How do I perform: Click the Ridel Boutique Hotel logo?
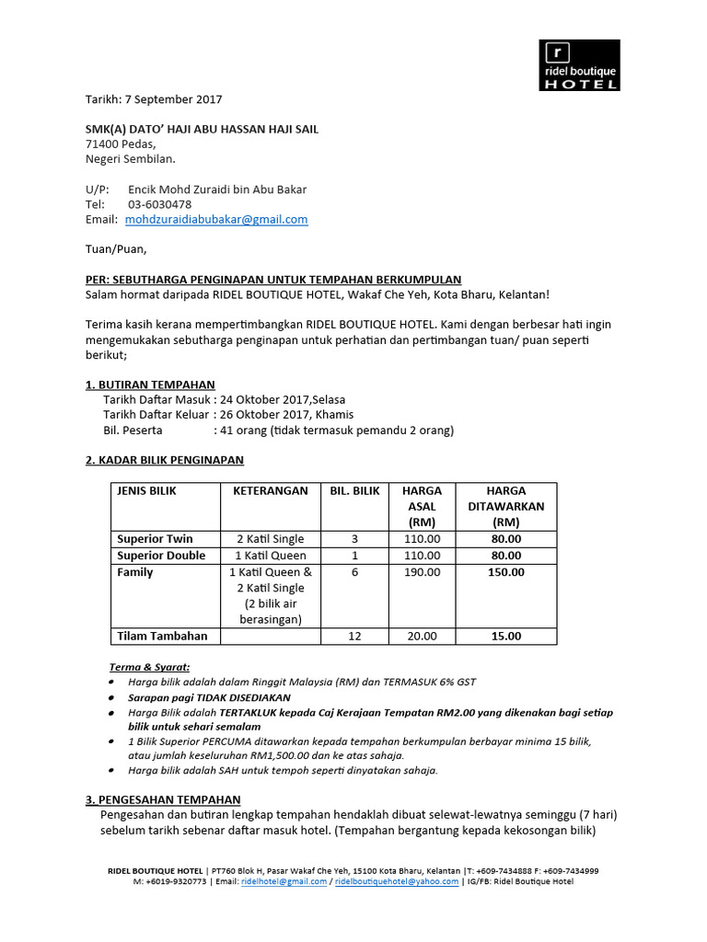tap(579, 65)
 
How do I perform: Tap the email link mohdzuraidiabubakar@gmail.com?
tap(216, 220)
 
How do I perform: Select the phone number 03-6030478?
tap(160, 204)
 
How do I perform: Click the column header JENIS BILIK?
tap(146, 491)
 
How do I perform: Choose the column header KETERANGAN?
tap(270, 491)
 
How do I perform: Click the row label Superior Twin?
tap(155, 539)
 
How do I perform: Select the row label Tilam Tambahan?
tap(162, 636)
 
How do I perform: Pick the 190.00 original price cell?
tap(422, 572)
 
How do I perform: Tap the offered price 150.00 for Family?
tap(506, 572)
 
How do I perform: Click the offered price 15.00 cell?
tap(506, 636)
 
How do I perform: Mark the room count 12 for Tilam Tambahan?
tap(354, 636)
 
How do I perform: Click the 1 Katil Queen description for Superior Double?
tap(271, 556)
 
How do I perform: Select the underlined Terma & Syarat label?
tap(149, 667)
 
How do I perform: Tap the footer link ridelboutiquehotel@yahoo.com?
tap(397, 881)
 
